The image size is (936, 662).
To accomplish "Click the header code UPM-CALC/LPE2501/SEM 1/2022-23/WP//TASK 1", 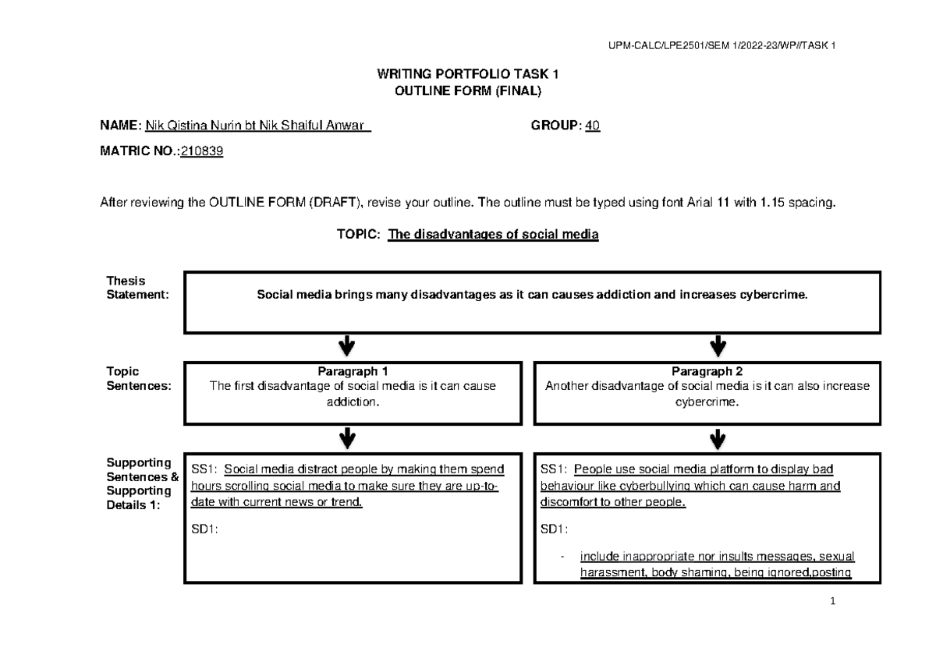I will tap(722, 45).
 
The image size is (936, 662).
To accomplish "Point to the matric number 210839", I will tap(202, 154).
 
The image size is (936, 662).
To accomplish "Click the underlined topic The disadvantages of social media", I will tap(493, 234).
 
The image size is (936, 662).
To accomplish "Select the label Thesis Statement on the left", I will tap(128, 287).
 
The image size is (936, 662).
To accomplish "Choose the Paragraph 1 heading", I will tap(352, 371).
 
